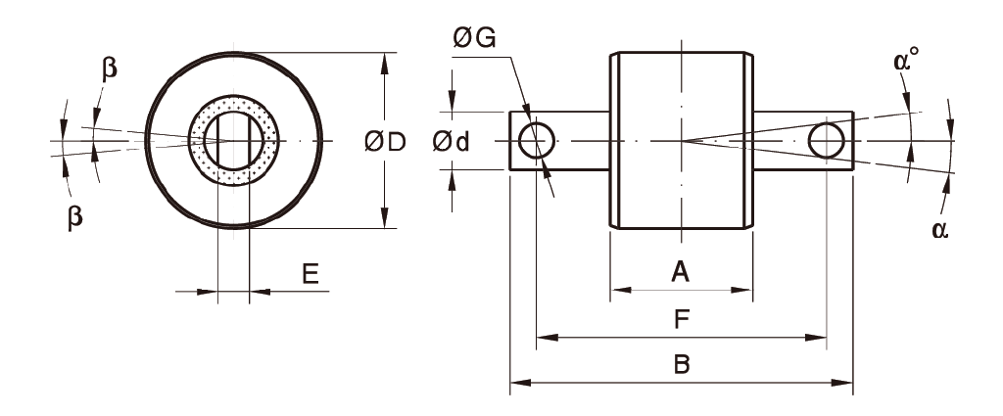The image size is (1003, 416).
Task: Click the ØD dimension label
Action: coord(385,142)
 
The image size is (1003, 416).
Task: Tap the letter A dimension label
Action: coord(680,272)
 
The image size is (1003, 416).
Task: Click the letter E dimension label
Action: coord(310,274)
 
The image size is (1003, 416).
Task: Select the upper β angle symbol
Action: coord(109,69)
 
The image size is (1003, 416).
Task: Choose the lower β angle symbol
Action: coord(75,217)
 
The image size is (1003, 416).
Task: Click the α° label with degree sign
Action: coord(905,61)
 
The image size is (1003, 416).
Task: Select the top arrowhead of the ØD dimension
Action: coord(383,62)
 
